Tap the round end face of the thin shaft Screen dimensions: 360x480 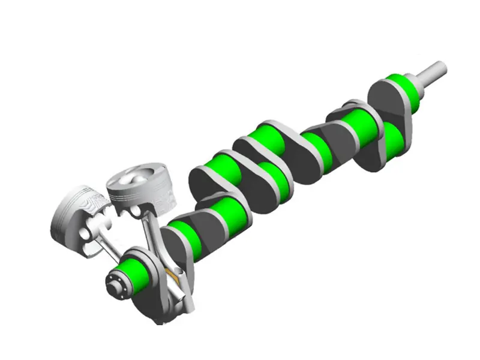tap(441, 67)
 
